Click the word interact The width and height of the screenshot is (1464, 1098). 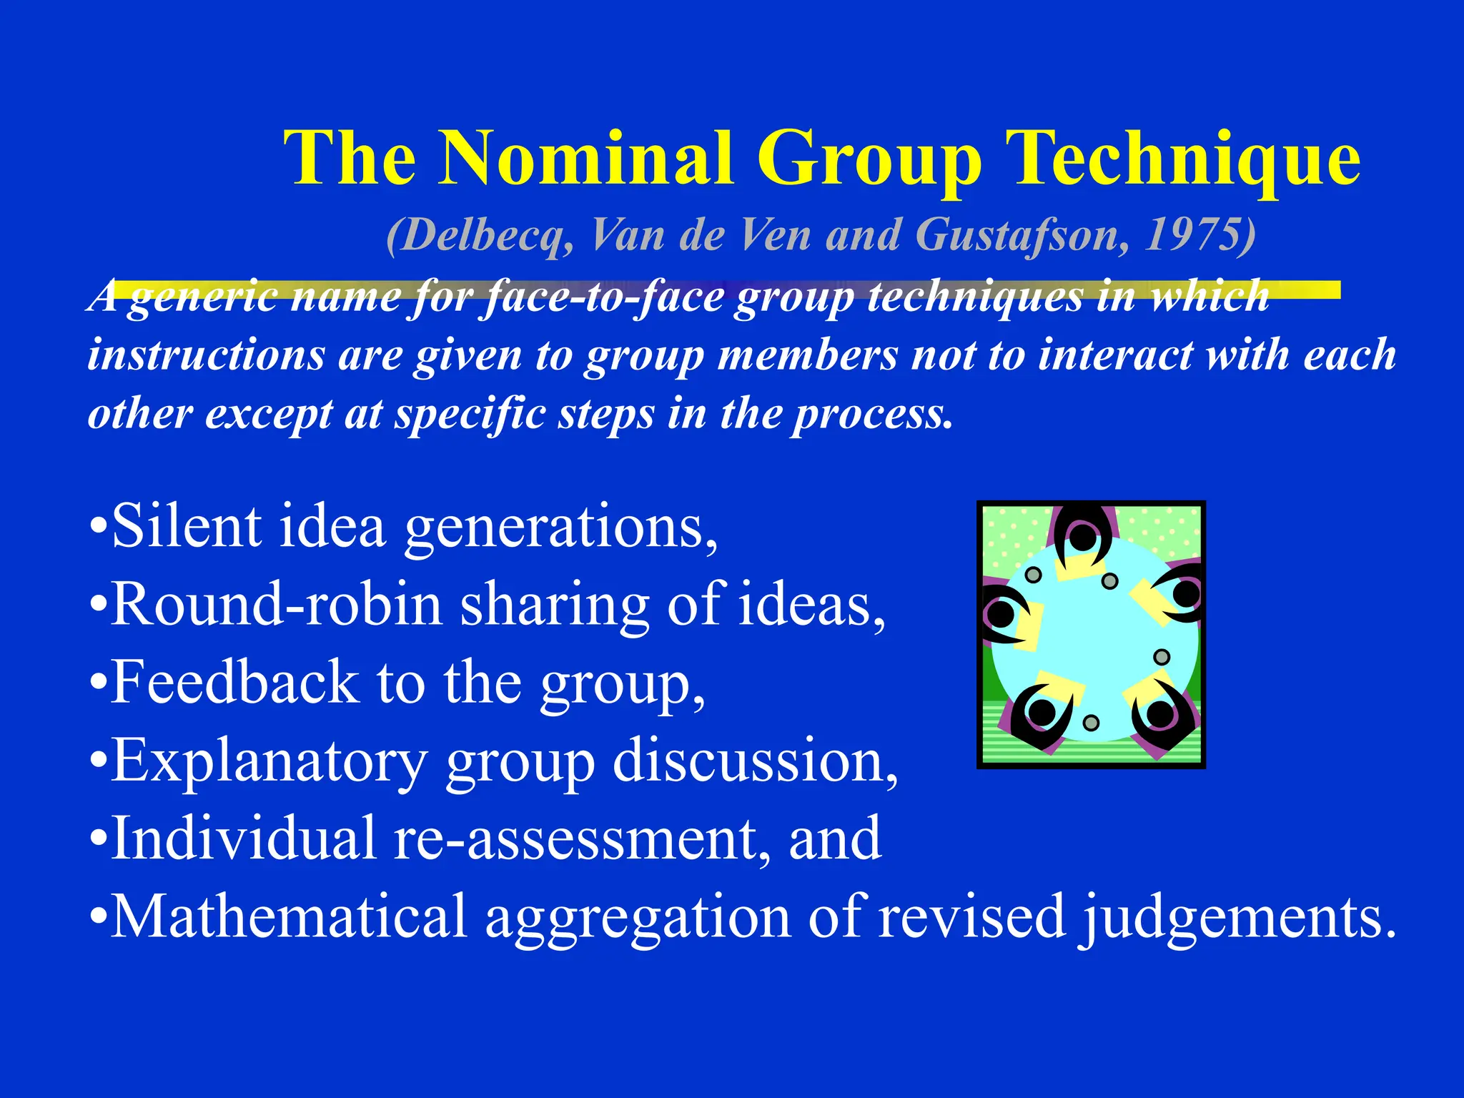1115,355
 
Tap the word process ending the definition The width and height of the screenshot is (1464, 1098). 872,415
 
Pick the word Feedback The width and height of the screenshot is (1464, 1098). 236,683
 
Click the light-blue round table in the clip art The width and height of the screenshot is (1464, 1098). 1094,636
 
